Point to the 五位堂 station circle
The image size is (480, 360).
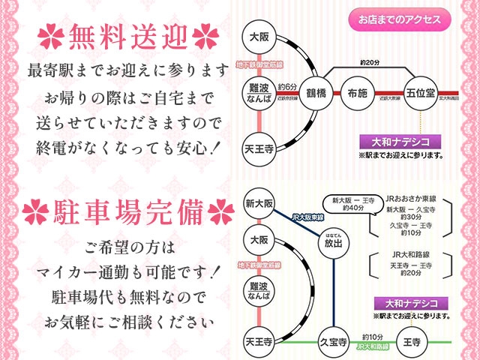click(x=421, y=94)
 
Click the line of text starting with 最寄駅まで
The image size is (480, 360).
click(x=126, y=70)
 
